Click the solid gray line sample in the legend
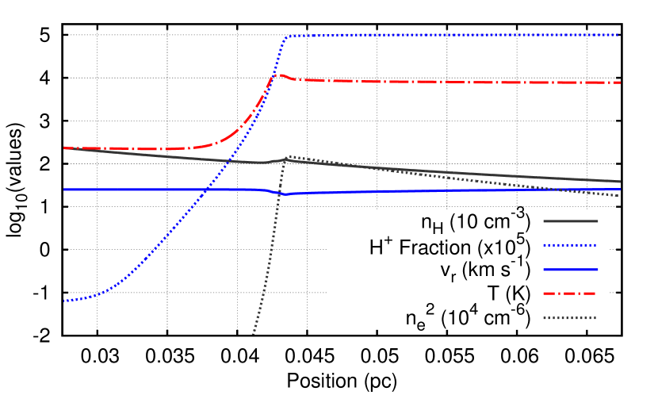570,221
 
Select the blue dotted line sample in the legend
570,245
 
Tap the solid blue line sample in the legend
570,270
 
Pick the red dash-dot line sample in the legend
570,293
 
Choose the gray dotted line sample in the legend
570,318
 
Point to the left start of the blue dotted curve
64,301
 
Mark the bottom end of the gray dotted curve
254,333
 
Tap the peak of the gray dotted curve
287,156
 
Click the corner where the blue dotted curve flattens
285,36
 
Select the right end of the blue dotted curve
618,35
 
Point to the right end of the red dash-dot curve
620,82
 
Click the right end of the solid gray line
620,182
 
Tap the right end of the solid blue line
620,190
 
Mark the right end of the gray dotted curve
618,196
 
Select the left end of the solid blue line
64,190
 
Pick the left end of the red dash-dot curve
64,148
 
